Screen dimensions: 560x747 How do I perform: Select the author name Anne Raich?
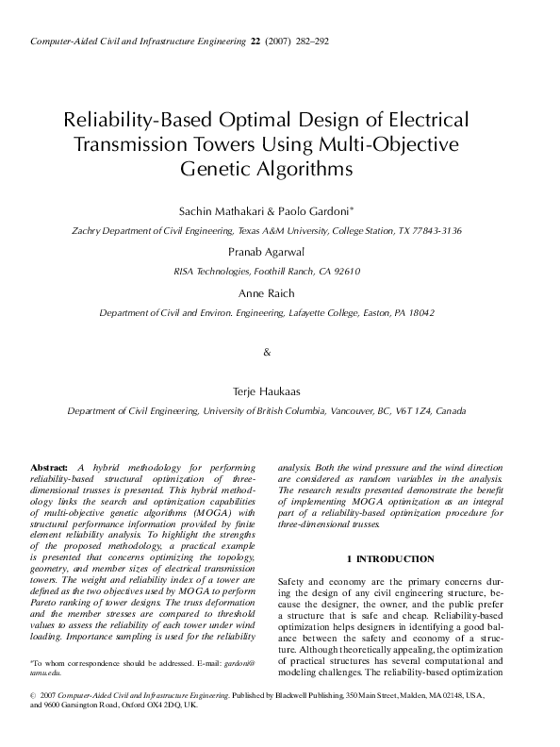click(x=279, y=292)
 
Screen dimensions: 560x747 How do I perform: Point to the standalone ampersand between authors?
click(x=267, y=352)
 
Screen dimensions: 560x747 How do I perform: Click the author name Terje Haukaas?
click(x=279, y=390)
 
